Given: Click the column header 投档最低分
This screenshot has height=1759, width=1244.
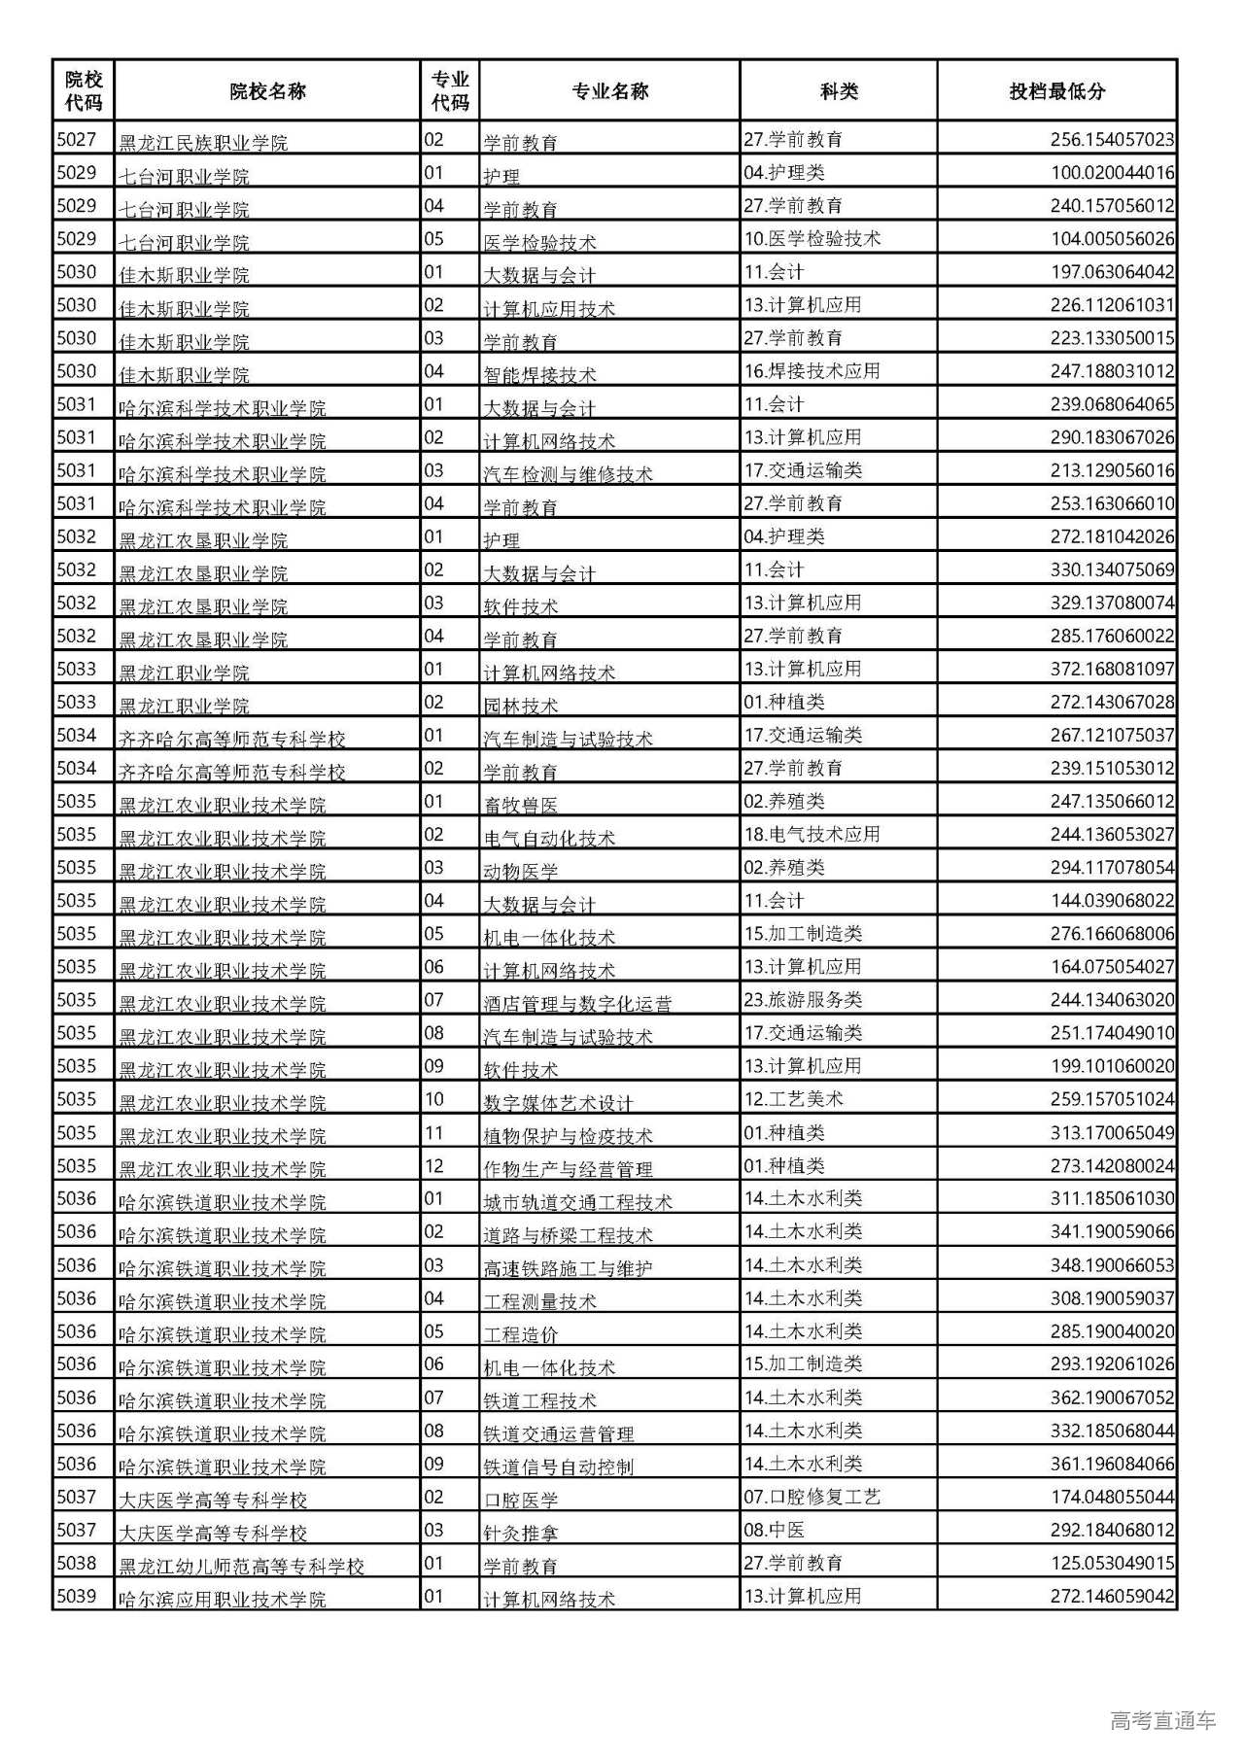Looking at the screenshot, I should pos(1056,91).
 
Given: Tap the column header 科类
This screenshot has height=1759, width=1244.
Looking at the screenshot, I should pos(839,91).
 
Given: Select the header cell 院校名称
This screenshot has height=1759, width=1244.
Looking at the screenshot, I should pos(267,91).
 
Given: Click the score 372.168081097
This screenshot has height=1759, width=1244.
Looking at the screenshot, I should pos(1112,670).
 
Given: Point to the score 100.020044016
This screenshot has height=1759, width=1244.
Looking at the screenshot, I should pos(1112,173).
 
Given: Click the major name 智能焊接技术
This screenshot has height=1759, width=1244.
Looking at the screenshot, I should pos(540,374).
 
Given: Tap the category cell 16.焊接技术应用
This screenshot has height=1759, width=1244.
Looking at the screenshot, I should pos(812,371).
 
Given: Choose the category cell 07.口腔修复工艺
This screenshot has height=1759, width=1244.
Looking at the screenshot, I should pos(812,1497).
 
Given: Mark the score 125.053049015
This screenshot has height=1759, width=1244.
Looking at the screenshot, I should pos(1112,1564).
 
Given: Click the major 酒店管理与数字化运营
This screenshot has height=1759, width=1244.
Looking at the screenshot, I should pos(577,1003).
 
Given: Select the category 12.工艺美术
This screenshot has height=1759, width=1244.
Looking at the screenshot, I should pos(794,1099).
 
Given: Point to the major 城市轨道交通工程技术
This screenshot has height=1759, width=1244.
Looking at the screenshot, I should pos(577,1202).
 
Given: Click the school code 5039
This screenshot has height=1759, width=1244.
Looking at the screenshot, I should pos(77,1596).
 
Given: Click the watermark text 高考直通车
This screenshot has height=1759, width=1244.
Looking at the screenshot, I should pos(1162,1721).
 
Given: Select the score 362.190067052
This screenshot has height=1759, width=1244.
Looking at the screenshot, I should pos(1112,1397).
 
